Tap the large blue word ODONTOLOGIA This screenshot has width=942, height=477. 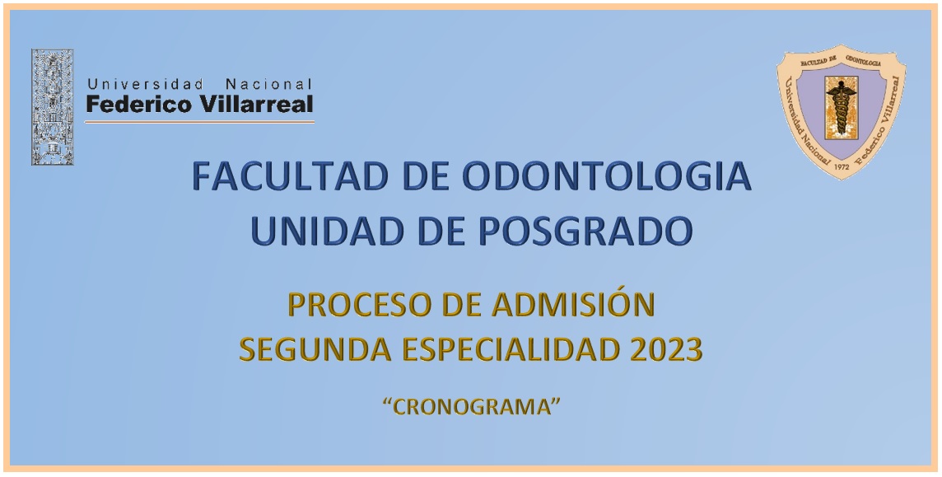pos(607,176)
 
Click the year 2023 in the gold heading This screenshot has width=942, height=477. pos(666,349)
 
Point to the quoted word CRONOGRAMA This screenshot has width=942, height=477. pos(472,407)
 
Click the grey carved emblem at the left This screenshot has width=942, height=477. pos(52,107)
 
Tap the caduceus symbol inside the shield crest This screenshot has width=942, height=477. pos(841,108)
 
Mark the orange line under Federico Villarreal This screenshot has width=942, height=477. pos(199,122)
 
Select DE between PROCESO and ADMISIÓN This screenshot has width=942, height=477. pos(463,305)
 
